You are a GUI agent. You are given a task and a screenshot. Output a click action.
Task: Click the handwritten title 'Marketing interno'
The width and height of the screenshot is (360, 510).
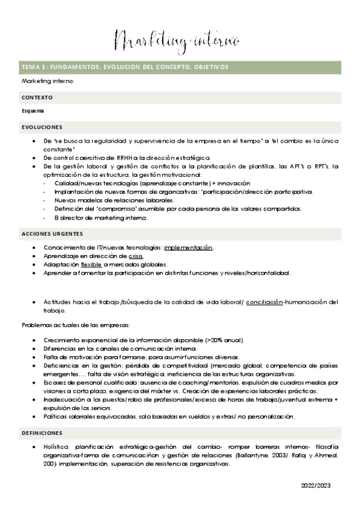[177, 41]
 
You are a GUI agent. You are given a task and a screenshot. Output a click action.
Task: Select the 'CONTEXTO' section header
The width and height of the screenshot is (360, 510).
[37, 97]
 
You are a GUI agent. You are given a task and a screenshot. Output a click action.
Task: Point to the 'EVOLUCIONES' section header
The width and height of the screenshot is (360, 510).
[42, 127]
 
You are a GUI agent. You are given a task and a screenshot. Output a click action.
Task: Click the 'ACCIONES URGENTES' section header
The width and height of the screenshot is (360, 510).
[52, 233]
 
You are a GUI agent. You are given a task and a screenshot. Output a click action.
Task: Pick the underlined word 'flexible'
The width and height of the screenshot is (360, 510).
[91, 265]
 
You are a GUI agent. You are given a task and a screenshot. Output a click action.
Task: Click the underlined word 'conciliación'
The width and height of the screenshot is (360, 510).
[264, 302]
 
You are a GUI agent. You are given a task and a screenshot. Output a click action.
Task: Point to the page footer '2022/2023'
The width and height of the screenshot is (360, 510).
[316, 485]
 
